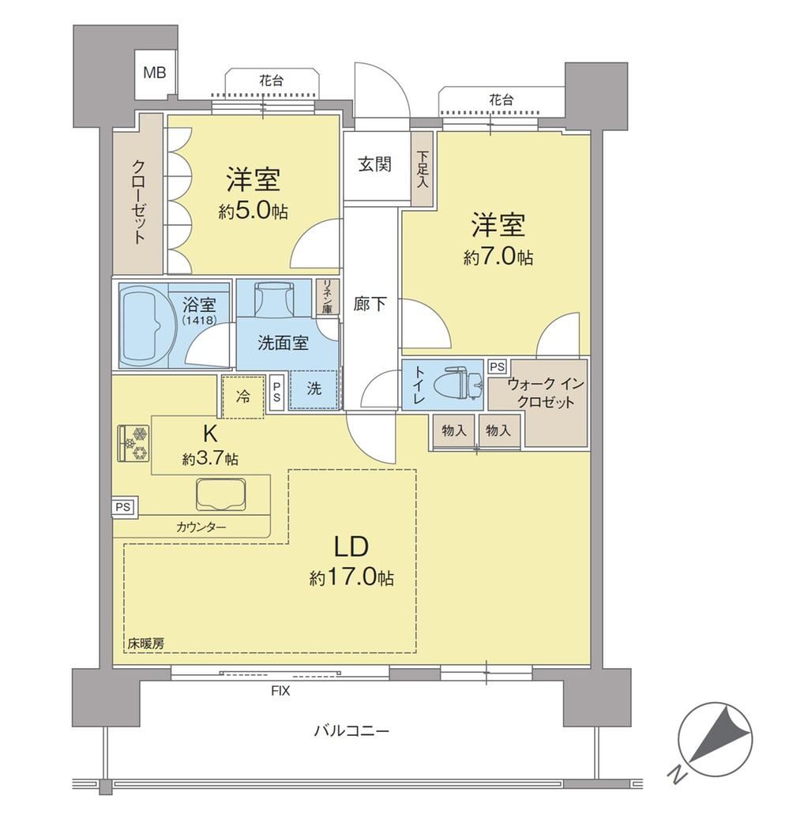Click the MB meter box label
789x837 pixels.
[155, 73]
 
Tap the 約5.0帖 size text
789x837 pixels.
[253, 212]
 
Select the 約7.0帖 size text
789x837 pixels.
[498, 257]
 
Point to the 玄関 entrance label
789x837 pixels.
[374, 164]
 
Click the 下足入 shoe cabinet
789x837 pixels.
[423, 169]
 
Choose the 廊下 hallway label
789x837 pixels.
[370, 304]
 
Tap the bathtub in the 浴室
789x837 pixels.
[144, 325]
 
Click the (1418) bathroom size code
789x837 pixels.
[199, 321]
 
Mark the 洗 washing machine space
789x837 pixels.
[314, 389]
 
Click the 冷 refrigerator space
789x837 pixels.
[243, 396]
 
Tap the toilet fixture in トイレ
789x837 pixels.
[458, 382]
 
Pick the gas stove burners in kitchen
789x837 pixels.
[133, 442]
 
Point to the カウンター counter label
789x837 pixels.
[201, 527]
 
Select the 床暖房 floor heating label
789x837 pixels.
[145, 644]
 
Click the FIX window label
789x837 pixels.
[280, 691]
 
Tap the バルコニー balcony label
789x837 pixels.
[351, 730]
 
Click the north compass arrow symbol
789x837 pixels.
[716, 739]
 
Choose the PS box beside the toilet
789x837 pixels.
[497, 366]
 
